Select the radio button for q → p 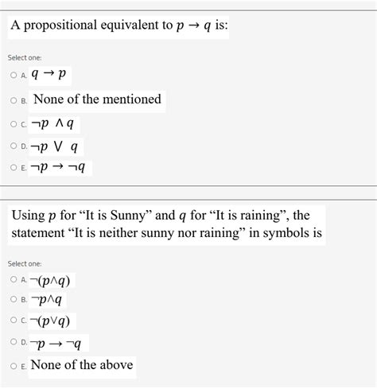click(14, 77)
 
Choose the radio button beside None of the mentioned click(14, 101)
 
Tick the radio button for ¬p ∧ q click(14, 124)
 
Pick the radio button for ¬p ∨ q click(14, 147)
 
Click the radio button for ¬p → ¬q click(14, 169)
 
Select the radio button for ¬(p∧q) click(14, 281)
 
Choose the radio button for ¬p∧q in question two click(14, 301)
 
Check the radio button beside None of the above click(14, 366)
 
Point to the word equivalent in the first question click(129, 25)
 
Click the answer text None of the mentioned click(97, 99)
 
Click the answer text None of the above click(81, 365)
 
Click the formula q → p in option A click(52, 76)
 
